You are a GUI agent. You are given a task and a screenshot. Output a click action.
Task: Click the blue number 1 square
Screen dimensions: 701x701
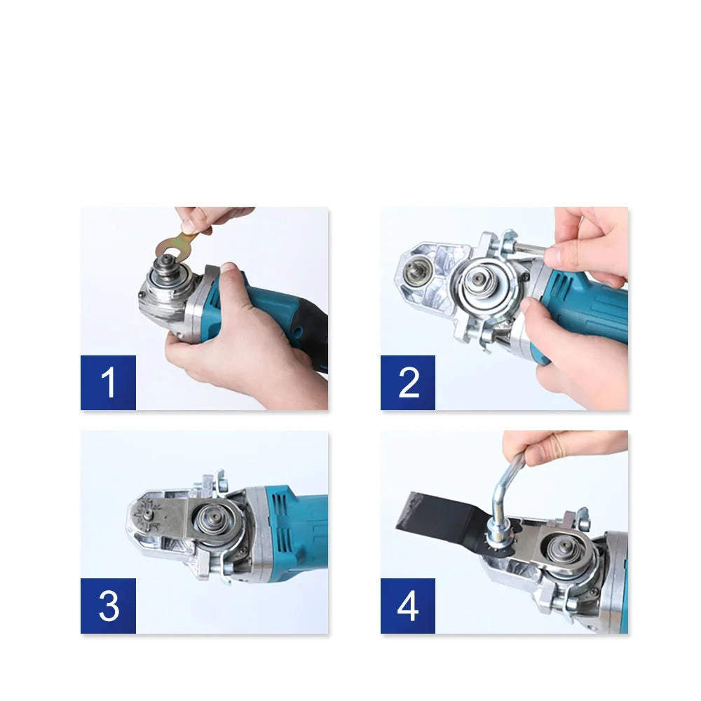pos(108,383)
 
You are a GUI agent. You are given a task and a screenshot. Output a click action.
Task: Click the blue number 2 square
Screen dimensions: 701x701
pos(408,383)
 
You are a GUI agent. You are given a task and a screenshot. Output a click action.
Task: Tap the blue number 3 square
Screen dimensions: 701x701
pos(108,606)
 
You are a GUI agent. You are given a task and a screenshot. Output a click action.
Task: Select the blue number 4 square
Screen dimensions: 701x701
pos(408,606)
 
